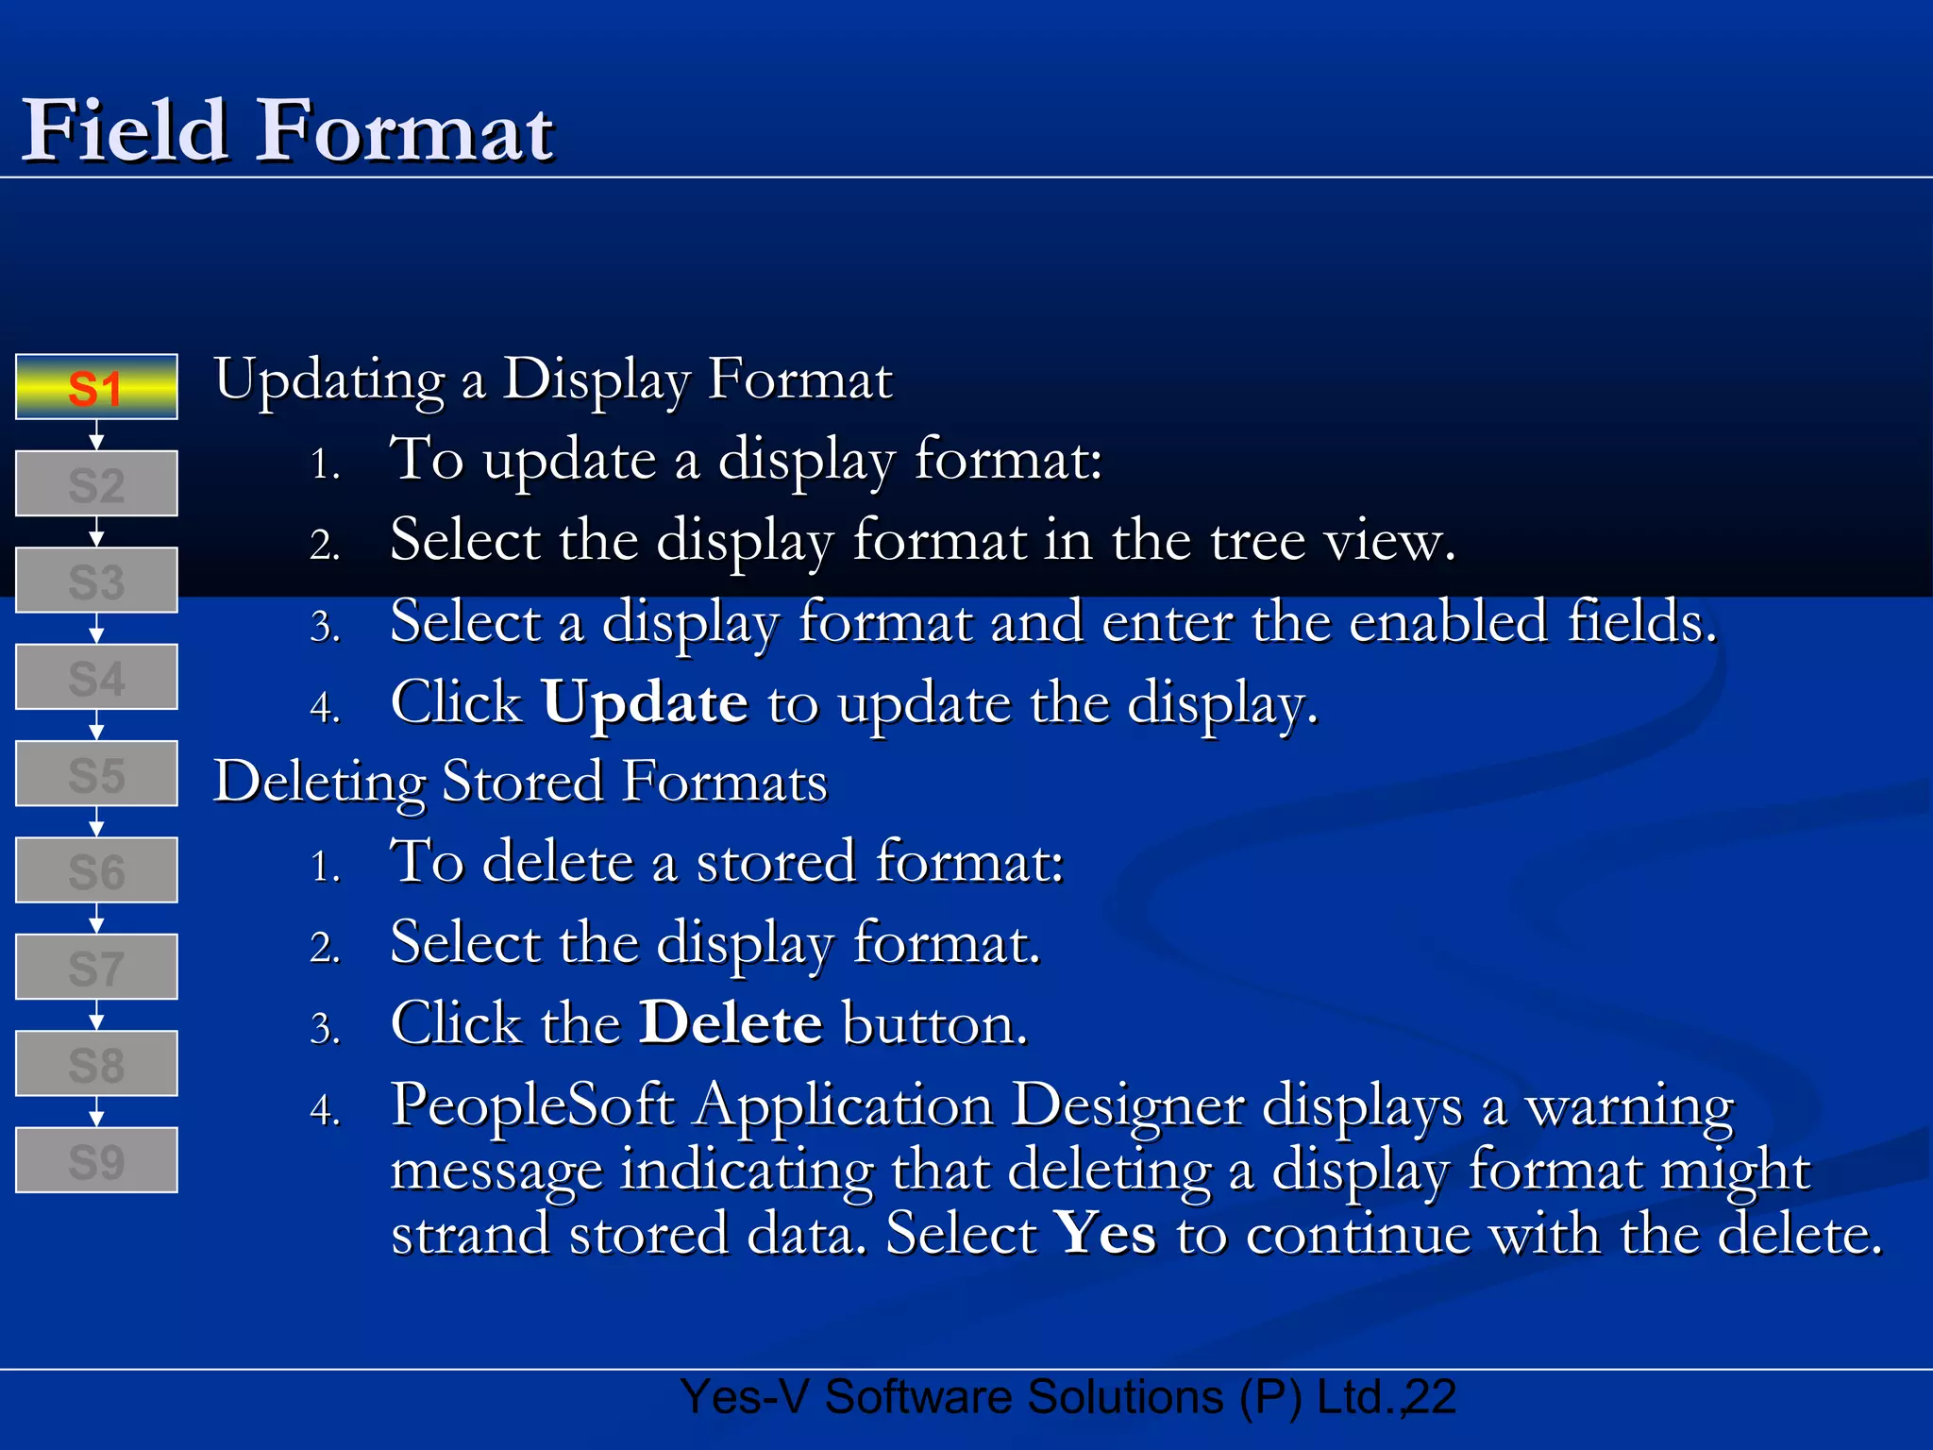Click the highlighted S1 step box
(x=96, y=387)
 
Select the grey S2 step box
(x=96, y=484)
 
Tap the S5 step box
(x=96, y=774)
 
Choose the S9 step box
(x=96, y=1160)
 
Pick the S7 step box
(x=96, y=968)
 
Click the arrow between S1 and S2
(x=96, y=436)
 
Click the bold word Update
(x=645, y=704)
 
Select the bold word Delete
(x=731, y=1023)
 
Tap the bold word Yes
(x=1105, y=1233)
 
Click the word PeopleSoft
(x=533, y=1104)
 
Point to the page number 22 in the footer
(x=1431, y=1397)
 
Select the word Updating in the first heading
(x=329, y=381)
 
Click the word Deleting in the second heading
(x=319, y=783)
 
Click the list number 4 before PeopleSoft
(x=324, y=1109)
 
